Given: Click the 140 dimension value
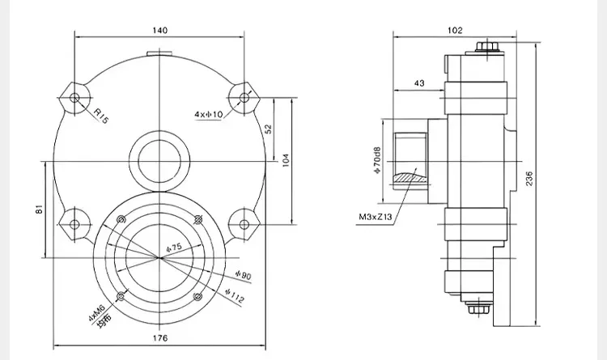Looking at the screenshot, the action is click(160, 30).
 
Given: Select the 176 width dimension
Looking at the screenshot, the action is click(160, 338).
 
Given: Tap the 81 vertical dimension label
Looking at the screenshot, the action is click(39, 210).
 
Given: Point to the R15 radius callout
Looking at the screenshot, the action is click(100, 116).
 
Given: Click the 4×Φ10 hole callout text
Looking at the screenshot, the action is click(209, 114).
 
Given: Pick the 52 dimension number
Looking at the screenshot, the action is click(268, 129).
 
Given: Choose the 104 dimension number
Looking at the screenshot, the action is click(286, 160).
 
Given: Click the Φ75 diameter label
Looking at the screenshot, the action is click(174, 248).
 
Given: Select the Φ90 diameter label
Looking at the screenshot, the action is click(244, 275).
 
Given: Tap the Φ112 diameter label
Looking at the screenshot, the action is click(235, 295).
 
